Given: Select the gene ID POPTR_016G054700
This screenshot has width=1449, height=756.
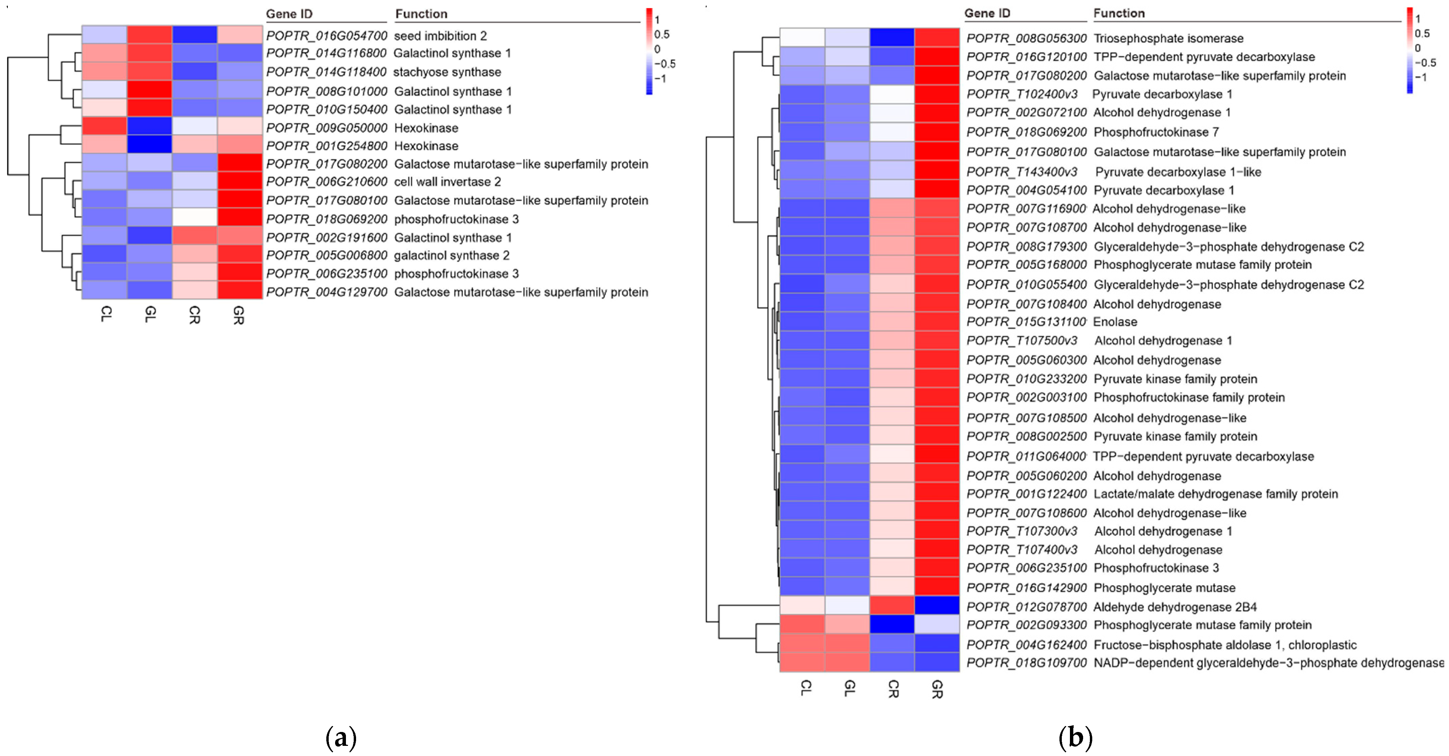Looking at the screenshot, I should tap(326, 36).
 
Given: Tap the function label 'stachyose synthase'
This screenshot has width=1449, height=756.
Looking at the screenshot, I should tap(447, 72).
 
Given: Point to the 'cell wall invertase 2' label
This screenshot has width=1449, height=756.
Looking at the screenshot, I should tap(447, 182).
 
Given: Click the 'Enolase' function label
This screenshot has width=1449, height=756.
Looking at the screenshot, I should tap(1115, 322).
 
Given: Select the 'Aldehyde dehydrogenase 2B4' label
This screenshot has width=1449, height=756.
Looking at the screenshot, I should tap(1174, 607).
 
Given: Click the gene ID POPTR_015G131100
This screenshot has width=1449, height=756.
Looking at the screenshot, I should tap(1026, 322).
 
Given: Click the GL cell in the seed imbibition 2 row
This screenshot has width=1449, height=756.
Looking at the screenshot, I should tap(149, 35).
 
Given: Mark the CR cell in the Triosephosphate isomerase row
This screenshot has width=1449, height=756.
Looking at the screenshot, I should tap(892, 37).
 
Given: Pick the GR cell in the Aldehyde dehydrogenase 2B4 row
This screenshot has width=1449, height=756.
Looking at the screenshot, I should tap(937, 605).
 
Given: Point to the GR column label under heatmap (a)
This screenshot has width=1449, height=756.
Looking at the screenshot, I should tap(238, 315).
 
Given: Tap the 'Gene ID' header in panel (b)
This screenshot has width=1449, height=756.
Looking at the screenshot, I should tap(987, 13).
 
